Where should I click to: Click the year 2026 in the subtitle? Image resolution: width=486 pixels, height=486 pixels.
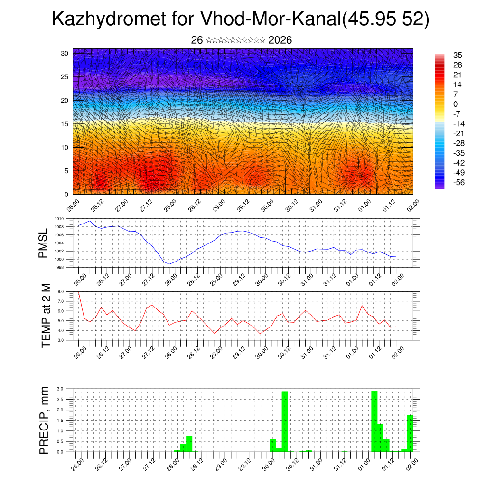coord(280,40)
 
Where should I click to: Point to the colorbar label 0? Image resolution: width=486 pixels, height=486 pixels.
coord(456,104)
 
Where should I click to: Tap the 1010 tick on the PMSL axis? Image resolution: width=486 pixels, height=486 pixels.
coord(59,219)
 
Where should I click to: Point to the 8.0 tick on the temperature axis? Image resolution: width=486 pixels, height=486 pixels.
coord(60,292)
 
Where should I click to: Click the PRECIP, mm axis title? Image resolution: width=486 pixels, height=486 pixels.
coord(44,420)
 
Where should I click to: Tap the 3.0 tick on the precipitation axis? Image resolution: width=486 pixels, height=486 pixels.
coord(60,389)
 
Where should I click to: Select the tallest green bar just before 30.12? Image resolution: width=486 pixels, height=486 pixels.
coord(285,421)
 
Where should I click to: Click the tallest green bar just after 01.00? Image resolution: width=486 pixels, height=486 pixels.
coord(374,421)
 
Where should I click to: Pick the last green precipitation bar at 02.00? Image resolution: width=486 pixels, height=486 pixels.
coord(410,433)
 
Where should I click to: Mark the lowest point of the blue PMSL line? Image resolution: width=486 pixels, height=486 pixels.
coord(170,264)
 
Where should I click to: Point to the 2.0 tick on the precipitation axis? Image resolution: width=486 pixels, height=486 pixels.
coord(60,410)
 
